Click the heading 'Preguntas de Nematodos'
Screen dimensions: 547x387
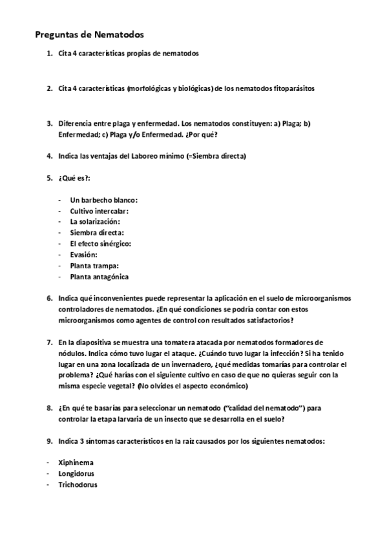[89, 34]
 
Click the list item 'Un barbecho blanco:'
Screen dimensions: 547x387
[103, 200]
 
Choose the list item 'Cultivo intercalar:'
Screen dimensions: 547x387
[99, 211]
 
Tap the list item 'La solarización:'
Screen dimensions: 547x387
[95, 222]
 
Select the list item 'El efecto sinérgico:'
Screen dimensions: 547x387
[100, 244]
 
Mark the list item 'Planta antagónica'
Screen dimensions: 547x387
[99, 277]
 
